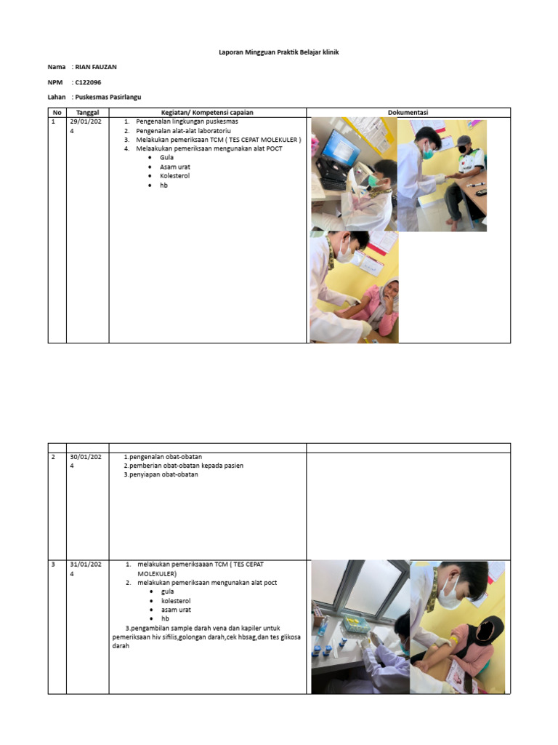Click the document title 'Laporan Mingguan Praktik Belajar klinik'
point(278,52)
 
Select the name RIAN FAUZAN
point(95,67)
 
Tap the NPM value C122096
point(88,82)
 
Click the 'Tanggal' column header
point(87,112)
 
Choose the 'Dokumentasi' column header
point(408,112)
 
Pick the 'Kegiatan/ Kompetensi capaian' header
point(207,112)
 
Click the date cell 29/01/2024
point(86,126)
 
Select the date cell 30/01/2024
point(86,461)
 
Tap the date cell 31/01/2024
point(86,568)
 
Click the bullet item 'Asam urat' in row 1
point(174,167)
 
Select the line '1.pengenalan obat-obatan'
point(163,457)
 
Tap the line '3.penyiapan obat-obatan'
point(161,475)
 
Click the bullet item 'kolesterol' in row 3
point(176,601)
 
